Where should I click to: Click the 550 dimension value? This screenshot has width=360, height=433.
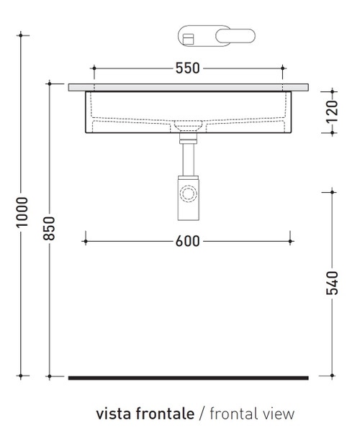pyautogui.click(x=187, y=68)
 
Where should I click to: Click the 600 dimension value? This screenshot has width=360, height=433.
pyautogui.click(x=187, y=240)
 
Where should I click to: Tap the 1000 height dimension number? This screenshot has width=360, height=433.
pyautogui.click(x=22, y=212)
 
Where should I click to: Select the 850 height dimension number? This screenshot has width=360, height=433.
pyautogui.click(x=50, y=229)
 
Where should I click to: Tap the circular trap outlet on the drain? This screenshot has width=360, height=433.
pyautogui.click(x=189, y=194)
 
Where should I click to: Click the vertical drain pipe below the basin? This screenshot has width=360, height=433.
pyautogui.click(x=189, y=155)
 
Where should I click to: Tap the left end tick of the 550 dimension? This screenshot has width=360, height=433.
pyautogui.click(x=94, y=68)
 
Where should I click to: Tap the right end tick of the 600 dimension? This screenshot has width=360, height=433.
pyautogui.click(x=291, y=240)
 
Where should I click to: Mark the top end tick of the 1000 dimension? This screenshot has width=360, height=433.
pyautogui.click(x=22, y=34)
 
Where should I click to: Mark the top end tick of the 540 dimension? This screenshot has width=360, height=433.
pyautogui.click(x=332, y=191)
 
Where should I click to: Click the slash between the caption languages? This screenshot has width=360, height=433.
pyautogui.click(x=202, y=414)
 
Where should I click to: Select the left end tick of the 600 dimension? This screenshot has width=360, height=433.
pyautogui.click(x=86, y=240)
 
